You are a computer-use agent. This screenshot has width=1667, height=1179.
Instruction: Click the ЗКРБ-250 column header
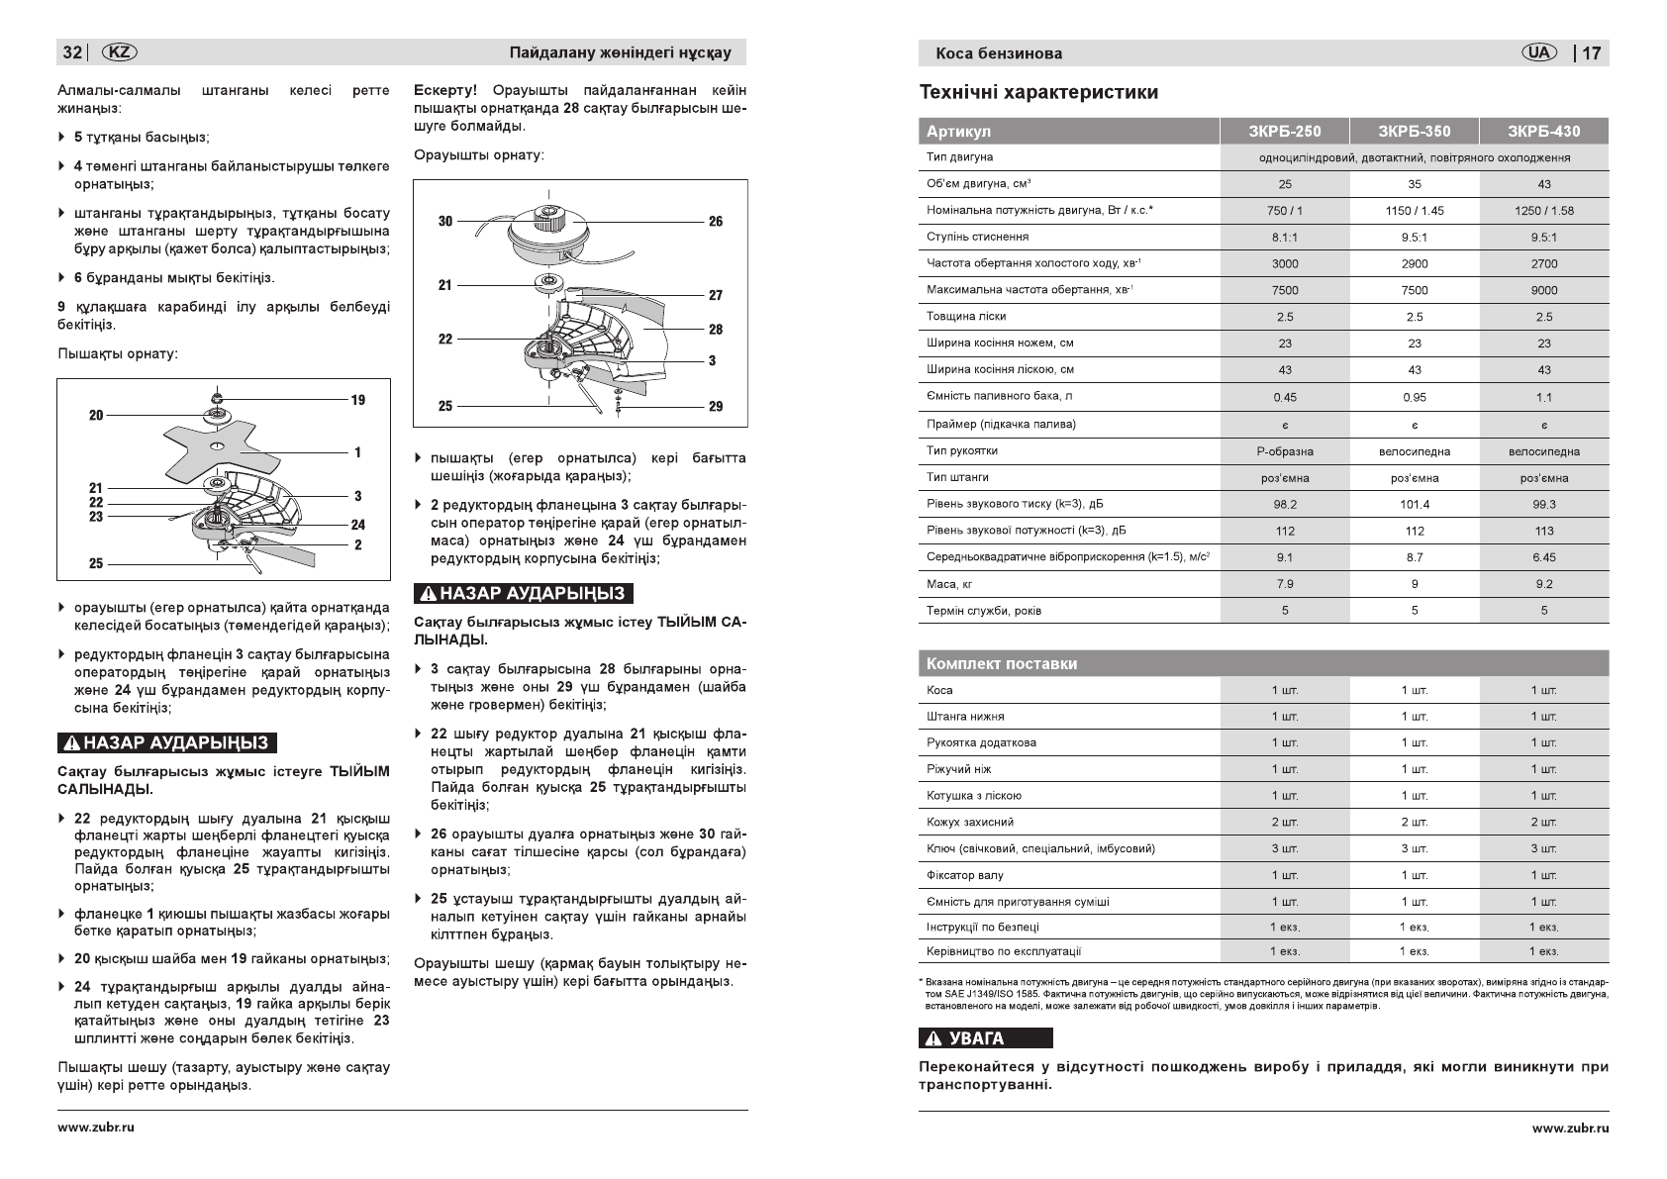point(1284,131)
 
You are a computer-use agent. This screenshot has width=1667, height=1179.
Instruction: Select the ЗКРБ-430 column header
point(1543,131)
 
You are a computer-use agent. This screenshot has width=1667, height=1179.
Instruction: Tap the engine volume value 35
point(1414,184)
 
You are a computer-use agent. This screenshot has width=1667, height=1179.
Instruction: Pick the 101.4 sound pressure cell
point(1414,504)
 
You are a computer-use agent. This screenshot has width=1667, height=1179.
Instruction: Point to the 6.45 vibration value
point(1543,557)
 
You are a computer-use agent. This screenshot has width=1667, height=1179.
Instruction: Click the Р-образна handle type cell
point(1284,451)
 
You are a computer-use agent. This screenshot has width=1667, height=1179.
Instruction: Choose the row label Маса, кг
point(949,584)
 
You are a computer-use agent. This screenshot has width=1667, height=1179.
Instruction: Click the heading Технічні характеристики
point(1038,93)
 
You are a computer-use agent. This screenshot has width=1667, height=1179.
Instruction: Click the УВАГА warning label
point(985,1038)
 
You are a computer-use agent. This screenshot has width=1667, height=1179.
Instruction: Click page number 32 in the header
point(72,52)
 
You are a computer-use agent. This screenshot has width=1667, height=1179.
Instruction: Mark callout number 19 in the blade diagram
point(357,400)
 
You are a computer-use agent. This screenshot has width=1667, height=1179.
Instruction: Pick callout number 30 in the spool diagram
point(445,221)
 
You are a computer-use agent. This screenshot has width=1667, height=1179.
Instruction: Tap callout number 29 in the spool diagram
point(716,406)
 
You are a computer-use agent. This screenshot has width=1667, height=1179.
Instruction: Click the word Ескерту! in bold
point(445,91)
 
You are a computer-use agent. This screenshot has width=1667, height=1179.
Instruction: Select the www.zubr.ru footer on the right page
point(1570,1128)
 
